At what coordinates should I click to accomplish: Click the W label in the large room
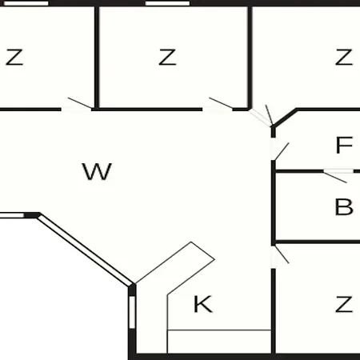click(x=97, y=171)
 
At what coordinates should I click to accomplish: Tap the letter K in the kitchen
click(x=203, y=304)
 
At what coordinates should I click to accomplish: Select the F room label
click(x=344, y=145)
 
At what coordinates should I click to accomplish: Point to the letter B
click(x=344, y=206)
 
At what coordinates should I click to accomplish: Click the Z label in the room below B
click(x=344, y=304)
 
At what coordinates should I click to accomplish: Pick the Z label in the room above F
click(x=344, y=57)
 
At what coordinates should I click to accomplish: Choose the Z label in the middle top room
click(x=167, y=57)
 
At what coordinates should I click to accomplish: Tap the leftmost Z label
click(x=14, y=57)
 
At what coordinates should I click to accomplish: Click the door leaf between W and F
click(x=282, y=151)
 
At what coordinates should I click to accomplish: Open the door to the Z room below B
click(x=282, y=254)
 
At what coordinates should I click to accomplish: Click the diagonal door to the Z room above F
click(x=269, y=115)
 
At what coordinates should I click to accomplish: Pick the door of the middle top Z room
click(x=221, y=103)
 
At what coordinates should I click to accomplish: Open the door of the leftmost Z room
click(x=80, y=103)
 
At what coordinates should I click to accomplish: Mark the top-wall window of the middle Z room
click(x=167, y=3)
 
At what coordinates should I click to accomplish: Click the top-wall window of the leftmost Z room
click(x=26, y=3)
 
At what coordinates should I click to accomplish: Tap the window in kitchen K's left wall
click(x=132, y=312)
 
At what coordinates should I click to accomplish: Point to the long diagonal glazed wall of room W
click(x=85, y=250)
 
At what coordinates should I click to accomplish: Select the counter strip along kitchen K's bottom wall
click(x=219, y=342)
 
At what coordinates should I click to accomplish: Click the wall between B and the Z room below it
click(x=318, y=242)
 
